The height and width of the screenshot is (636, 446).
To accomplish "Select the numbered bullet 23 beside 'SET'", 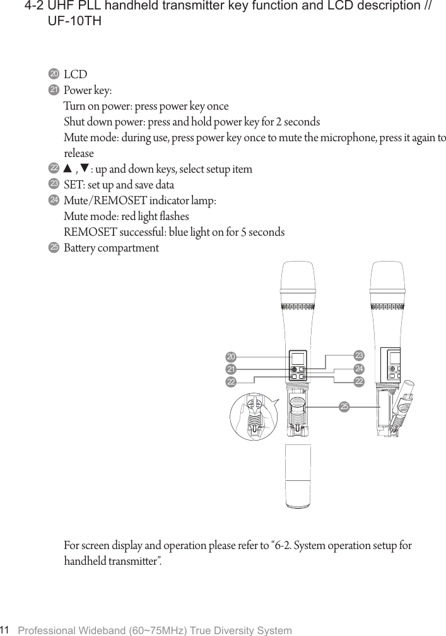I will (54, 183).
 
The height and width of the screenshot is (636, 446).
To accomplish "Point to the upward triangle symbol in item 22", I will (67, 169).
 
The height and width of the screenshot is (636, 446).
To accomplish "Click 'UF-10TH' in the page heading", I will (75, 22).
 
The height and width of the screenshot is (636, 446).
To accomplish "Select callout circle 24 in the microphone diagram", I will (360, 368).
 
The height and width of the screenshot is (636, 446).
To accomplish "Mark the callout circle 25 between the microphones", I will (344, 407).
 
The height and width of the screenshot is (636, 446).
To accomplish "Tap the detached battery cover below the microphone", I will (297, 476).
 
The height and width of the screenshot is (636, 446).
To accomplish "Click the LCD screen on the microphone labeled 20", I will (297, 357).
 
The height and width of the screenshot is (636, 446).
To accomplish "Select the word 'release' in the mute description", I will (79, 154).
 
